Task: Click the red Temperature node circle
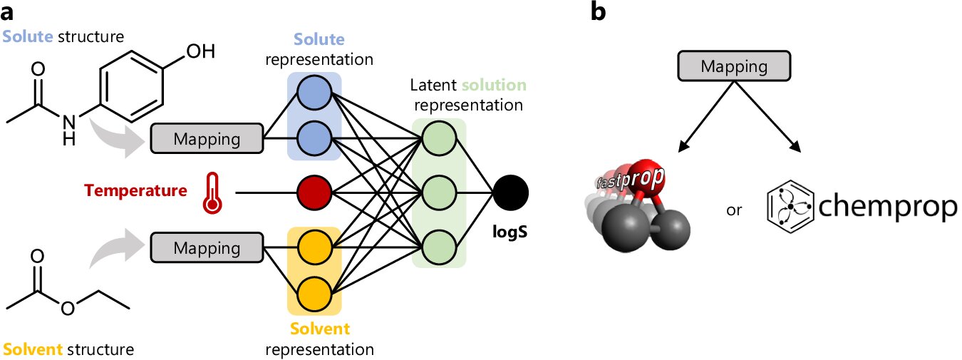[314, 192]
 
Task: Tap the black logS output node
[510, 192]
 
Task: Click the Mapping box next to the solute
[207, 138]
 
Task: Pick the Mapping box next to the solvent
[207, 247]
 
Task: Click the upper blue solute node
[314, 93]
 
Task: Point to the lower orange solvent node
[314, 293]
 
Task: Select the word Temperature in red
[135, 191]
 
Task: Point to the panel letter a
[10, 11]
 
